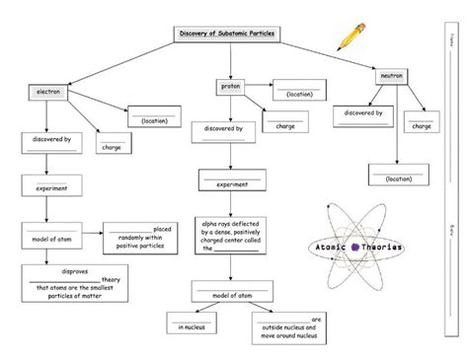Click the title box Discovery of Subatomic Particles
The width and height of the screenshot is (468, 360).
pyautogui.click(x=226, y=34)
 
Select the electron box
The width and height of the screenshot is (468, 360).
pyautogui.click(x=48, y=91)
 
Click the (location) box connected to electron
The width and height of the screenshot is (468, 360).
pyautogui.click(x=154, y=117)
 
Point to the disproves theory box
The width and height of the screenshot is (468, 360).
pyautogui.click(x=75, y=281)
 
